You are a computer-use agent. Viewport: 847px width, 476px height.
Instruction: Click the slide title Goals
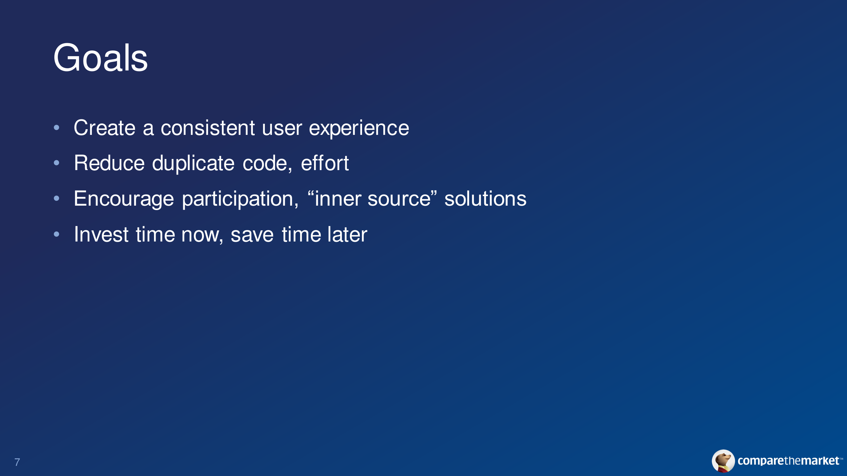(x=100, y=58)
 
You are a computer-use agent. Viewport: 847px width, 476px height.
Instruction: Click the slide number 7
(x=17, y=462)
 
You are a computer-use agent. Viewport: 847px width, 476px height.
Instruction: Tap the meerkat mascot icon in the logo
(x=723, y=461)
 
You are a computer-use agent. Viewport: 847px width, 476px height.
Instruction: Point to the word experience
(x=359, y=129)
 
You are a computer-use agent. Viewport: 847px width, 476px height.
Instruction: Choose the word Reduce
(x=109, y=163)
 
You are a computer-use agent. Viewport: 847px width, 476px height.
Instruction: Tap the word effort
(x=325, y=163)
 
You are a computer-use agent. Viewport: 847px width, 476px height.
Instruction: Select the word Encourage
(x=124, y=199)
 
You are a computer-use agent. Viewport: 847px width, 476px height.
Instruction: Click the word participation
(x=240, y=199)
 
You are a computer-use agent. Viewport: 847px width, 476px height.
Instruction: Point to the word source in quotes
(x=399, y=199)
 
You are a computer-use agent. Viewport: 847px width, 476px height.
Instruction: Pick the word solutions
(x=485, y=198)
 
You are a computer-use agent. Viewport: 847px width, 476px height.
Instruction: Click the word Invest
(x=101, y=234)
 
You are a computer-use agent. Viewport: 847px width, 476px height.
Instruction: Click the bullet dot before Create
(x=57, y=128)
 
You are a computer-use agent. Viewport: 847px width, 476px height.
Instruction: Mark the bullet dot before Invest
(x=57, y=234)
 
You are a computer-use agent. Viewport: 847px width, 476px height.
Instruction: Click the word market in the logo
(x=820, y=460)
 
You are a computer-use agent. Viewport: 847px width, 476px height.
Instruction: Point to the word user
(x=282, y=129)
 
